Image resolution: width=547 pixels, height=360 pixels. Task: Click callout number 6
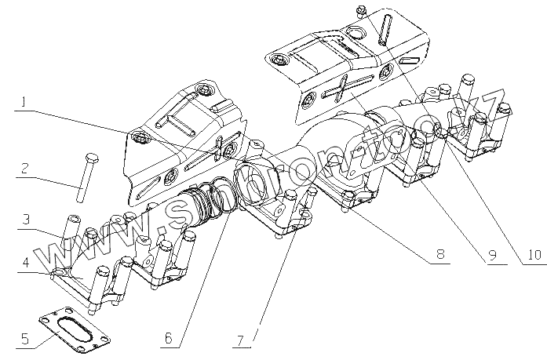(167, 338)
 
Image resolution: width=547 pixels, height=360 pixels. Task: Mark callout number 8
(440, 255)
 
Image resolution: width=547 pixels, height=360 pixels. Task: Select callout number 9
(492, 255)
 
